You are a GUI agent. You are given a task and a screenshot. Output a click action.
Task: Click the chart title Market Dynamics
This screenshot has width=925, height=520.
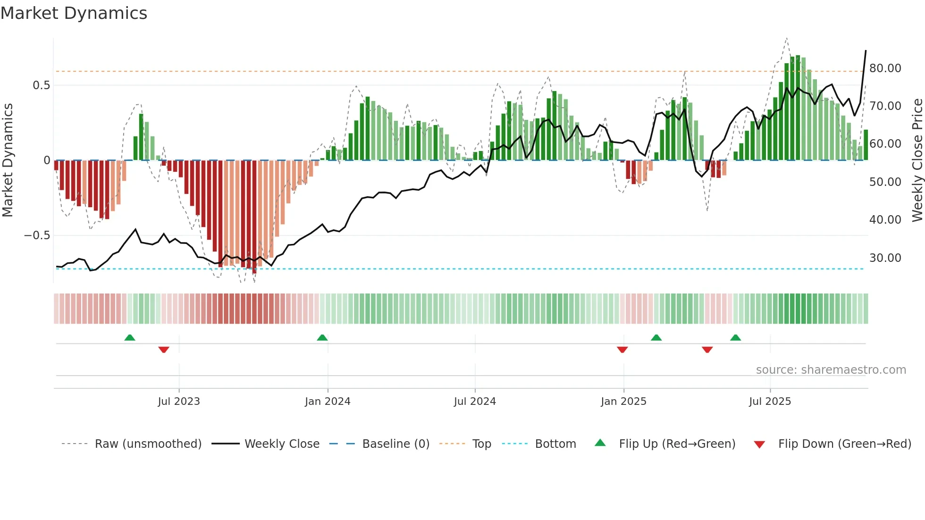tap(74, 13)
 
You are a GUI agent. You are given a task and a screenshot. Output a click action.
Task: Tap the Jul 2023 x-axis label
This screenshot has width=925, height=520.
tap(179, 402)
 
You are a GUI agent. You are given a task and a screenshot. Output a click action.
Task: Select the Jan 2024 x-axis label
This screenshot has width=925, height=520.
tap(328, 402)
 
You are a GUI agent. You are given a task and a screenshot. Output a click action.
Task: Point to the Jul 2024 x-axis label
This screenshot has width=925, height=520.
tap(475, 402)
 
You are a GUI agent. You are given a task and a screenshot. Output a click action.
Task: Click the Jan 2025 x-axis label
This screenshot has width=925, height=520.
tap(623, 402)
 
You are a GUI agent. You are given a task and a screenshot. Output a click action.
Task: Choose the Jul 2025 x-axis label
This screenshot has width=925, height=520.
tap(770, 402)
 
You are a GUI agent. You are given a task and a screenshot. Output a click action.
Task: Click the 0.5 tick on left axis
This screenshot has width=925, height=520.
tap(41, 85)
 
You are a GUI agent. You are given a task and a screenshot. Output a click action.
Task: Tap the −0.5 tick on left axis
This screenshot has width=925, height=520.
tap(37, 235)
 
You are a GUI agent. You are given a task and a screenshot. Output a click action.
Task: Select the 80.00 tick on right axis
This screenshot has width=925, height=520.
tap(885, 68)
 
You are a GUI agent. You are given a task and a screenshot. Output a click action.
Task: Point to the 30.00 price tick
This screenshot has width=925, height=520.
tap(885, 258)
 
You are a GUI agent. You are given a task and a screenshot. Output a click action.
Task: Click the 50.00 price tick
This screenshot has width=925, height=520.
tap(885, 182)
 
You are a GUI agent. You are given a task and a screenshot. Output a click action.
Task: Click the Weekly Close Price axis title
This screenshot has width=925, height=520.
tap(917, 160)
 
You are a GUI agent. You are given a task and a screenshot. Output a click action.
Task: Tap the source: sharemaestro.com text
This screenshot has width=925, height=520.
tap(831, 370)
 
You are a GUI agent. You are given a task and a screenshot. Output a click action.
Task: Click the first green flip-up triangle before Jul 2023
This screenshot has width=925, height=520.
tap(130, 337)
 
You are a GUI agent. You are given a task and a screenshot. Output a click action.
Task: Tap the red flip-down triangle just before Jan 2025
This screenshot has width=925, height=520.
tap(622, 350)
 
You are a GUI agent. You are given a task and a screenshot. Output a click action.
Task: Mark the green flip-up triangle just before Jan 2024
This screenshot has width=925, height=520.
tap(322, 337)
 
